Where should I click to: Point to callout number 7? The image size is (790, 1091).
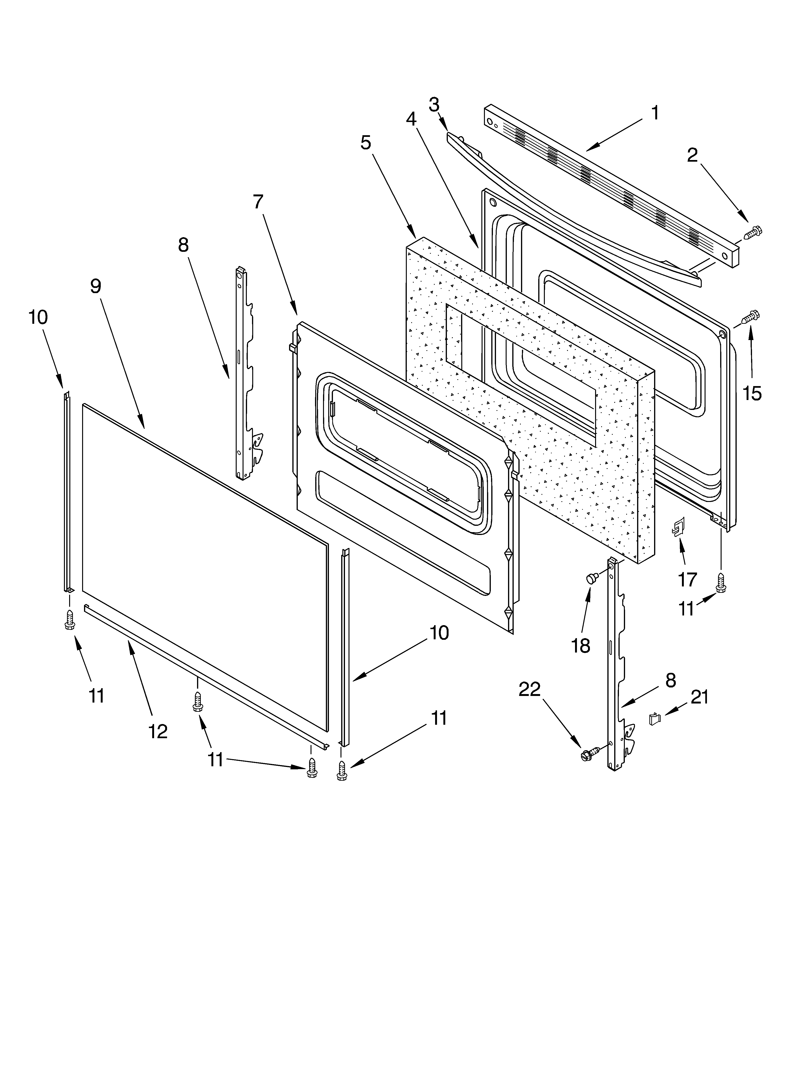[x=258, y=202]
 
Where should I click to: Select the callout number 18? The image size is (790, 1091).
[x=581, y=646]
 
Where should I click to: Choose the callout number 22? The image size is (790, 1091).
[x=530, y=689]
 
